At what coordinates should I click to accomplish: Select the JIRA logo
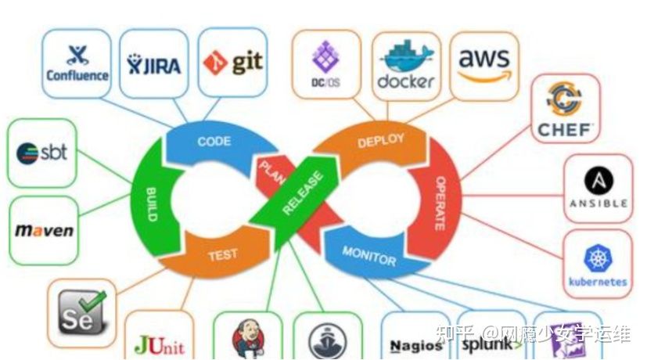tap(154, 63)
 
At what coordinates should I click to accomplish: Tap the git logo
tap(232, 62)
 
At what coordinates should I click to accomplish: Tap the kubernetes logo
tap(598, 265)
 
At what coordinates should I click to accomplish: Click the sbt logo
tap(42, 152)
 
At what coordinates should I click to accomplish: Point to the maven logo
tap(44, 230)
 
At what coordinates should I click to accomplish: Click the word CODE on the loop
tap(213, 141)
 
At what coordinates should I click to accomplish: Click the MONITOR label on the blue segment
tap(368, 254)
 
